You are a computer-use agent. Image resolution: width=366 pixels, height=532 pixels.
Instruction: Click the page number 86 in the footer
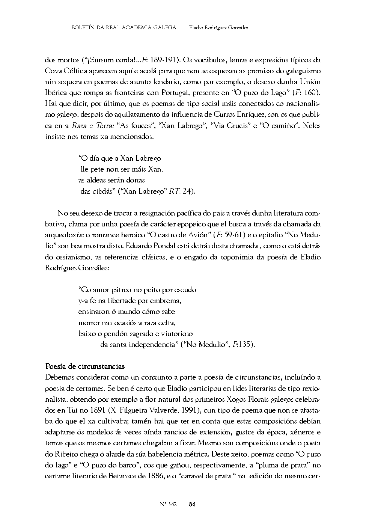tap(192, 504)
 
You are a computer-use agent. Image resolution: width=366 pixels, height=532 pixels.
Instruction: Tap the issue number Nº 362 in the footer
tap(168, 504)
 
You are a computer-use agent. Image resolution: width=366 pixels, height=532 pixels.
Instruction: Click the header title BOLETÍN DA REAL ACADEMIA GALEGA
tap(124, 27)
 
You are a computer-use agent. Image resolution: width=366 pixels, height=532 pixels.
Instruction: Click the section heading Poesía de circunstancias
tap(85, 366)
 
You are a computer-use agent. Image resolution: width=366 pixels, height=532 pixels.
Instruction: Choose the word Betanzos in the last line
tap(125, 476)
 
